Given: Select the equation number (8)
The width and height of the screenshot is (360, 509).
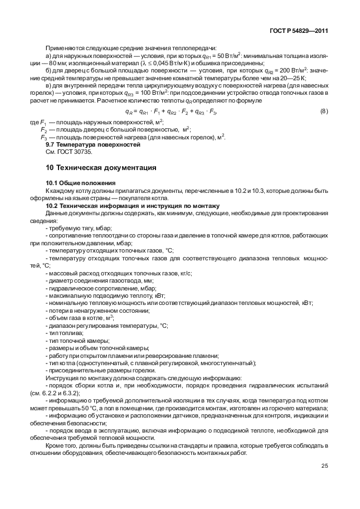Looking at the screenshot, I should (324, 112).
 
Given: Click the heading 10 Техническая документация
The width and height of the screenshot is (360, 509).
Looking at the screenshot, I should (100, 167).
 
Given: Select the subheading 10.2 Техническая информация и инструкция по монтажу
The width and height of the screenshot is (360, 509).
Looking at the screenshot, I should (132, 206).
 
